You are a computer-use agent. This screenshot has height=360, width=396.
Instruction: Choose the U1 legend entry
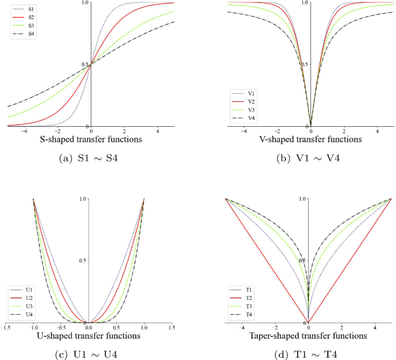[x=20, y=289]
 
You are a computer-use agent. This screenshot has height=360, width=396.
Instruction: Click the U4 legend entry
[x=20, y=314]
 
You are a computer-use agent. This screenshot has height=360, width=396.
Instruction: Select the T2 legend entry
[x=243, y=297]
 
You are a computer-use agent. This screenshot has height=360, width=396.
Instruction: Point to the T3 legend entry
[x=243, y=306]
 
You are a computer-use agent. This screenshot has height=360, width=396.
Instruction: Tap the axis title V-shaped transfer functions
[x=310, y=139]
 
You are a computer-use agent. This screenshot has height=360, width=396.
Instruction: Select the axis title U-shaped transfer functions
[x=90, y=336]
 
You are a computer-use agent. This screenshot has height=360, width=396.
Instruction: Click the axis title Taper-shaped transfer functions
[x=308, y=336]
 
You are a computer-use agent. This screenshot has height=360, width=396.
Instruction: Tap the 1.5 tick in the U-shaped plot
[x=171, y=328]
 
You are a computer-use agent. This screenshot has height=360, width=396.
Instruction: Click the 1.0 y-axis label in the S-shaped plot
[x=85, y=3]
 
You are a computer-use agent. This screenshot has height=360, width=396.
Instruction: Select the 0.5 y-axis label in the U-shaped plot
[x=83, y=261]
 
